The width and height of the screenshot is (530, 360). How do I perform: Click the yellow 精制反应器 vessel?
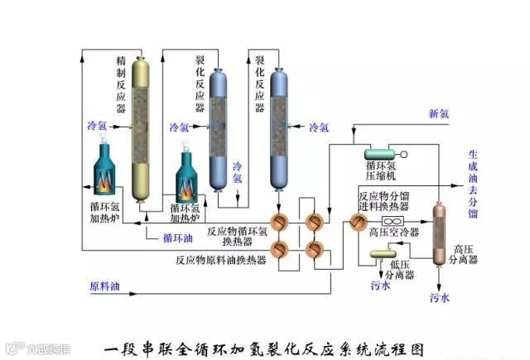pos(144,128)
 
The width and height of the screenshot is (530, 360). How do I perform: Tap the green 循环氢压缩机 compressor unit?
pos(383,154)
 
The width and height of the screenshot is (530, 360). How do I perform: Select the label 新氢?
pos(439,113)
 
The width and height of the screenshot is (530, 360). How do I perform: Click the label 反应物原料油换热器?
pos(220,259)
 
